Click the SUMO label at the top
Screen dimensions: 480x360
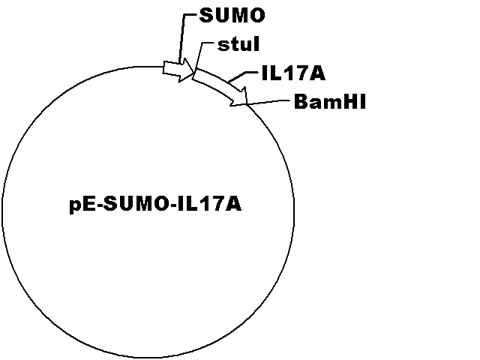pos(232,15)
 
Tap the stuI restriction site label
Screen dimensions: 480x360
pos(238,44)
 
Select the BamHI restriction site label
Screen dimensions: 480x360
pos(330,102)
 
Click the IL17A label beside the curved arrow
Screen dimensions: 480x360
pos(293,73)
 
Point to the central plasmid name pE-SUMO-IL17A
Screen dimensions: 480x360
pos(155,205)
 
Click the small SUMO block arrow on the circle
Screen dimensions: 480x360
pos(178,70)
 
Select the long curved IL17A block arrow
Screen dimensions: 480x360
pos(220,86)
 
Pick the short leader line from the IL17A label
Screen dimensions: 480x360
pos(243,76)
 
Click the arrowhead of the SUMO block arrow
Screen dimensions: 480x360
pos(187,70)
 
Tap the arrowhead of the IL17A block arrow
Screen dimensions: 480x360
pos(239,97)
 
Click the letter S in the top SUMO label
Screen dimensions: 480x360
pos(205,15)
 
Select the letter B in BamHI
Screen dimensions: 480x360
pos(301,102)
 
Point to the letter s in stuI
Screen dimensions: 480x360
pos(223,46)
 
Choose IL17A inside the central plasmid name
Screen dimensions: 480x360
pos(209,204)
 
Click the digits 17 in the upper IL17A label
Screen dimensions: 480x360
pos(292,73)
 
